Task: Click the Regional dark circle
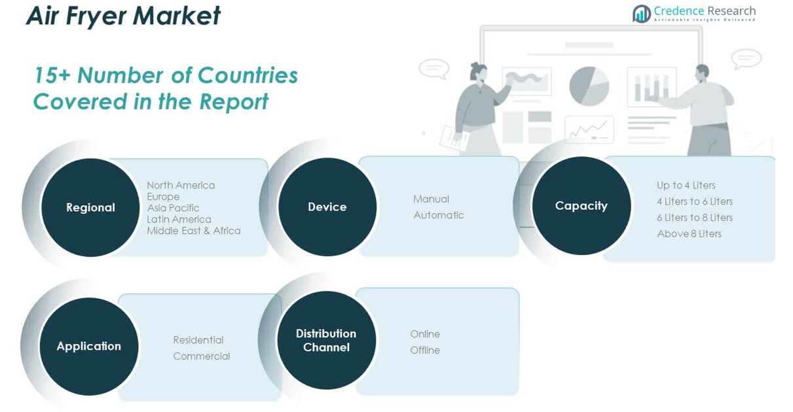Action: [x=90, y=207]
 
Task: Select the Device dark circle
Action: [x=327, y=207]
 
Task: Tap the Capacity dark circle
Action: [x=581, y=205]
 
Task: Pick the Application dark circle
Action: [x=89, y=346]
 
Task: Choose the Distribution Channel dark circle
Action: [x=326, y=340]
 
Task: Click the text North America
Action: [x=181, y=185]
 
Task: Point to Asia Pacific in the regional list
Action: [x=173, y=208]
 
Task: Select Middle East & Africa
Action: [x=193, y=231]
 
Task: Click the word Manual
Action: [x=431, y=199]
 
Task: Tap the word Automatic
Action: [x=438, y=215]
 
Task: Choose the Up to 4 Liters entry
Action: [x=686, y=185]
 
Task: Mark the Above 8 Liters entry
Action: [x=689, y=233]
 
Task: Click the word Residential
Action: [x=198, y=340]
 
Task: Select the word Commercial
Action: [x=201, y=356]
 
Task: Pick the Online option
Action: [x=425, y=334]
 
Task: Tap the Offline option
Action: [x=425, y=351]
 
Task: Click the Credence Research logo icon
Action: [x=642, y=13]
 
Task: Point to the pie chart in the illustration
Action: [x=589, y=86]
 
